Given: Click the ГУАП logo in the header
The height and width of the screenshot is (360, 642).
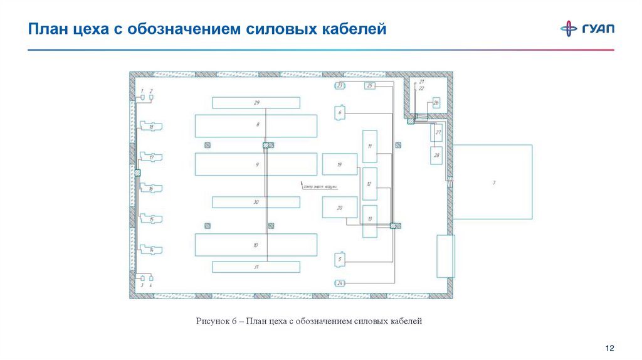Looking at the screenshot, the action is tap(587, 28).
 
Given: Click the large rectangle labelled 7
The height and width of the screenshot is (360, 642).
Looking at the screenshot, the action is tap(493, 182).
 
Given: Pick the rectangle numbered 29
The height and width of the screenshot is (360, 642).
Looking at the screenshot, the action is tap(256, 102).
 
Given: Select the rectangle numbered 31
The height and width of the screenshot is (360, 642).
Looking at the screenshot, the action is tap(256, 267).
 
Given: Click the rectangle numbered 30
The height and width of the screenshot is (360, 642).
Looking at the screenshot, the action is tap(256, 202).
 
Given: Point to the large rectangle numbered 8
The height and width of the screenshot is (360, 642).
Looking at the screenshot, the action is tap(256, 125).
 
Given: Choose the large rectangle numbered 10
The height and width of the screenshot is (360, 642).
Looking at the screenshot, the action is tap(256, 245).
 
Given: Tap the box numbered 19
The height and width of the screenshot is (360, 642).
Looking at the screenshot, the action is tap(339, 164).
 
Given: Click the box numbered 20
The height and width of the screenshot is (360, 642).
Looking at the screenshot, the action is tap(339, 208).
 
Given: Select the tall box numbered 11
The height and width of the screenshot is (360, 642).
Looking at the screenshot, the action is tap(370, 146).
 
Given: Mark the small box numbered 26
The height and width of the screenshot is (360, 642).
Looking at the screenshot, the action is tap(436, 102).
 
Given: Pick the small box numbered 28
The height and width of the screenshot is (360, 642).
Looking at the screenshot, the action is tap(436, 155).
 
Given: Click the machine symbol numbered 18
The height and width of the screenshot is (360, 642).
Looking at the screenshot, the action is tap(151, 127).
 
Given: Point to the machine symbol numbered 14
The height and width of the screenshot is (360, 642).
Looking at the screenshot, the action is tap(151, 250).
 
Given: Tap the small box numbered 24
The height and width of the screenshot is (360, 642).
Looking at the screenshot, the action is tap(340, 283).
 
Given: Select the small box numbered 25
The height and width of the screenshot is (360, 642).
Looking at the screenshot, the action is tap(370, 85).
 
